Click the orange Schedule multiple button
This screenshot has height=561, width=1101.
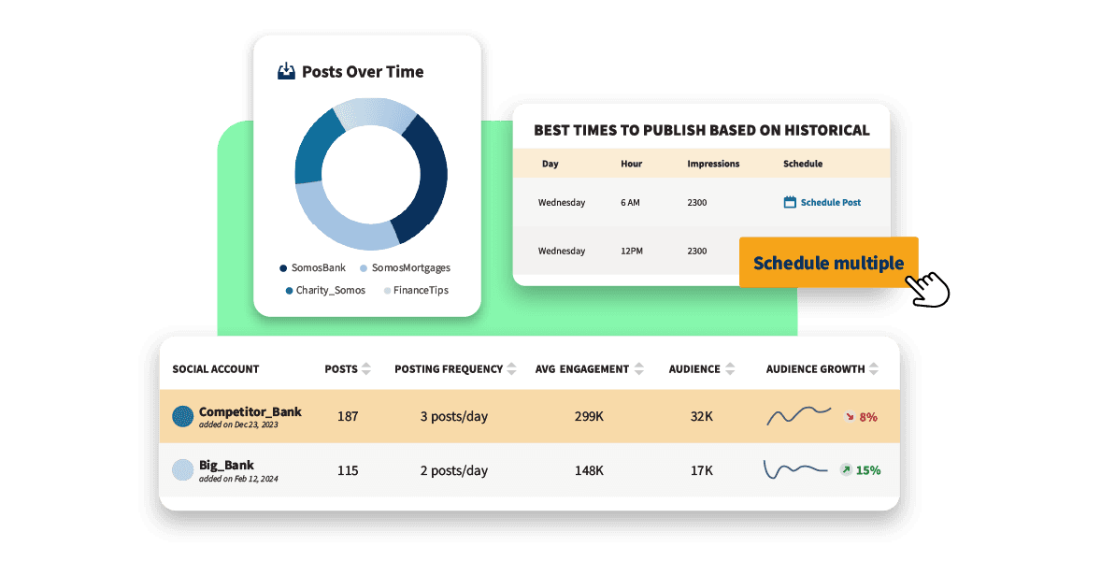point(828,263)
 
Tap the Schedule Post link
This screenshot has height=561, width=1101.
point(822,202)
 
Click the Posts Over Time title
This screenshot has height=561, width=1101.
point(362,72)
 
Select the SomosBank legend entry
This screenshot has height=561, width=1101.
point(312,267)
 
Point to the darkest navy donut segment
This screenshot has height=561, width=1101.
point(426,178)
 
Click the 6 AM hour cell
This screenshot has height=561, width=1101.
point(631,202)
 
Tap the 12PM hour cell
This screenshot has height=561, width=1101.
point(633,251)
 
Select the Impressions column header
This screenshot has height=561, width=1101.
point(713,164)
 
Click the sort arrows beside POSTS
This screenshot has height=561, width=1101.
point(366,369)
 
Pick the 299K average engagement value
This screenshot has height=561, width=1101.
point(589,417)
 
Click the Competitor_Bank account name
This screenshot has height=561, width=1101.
point(250,411)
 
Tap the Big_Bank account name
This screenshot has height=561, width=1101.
point(226,465)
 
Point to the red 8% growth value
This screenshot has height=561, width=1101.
point(867,417)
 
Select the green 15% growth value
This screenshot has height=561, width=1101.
point(868,470)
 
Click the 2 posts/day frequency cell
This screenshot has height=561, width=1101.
point(453,470)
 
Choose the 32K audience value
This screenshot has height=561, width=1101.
point(702,417)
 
